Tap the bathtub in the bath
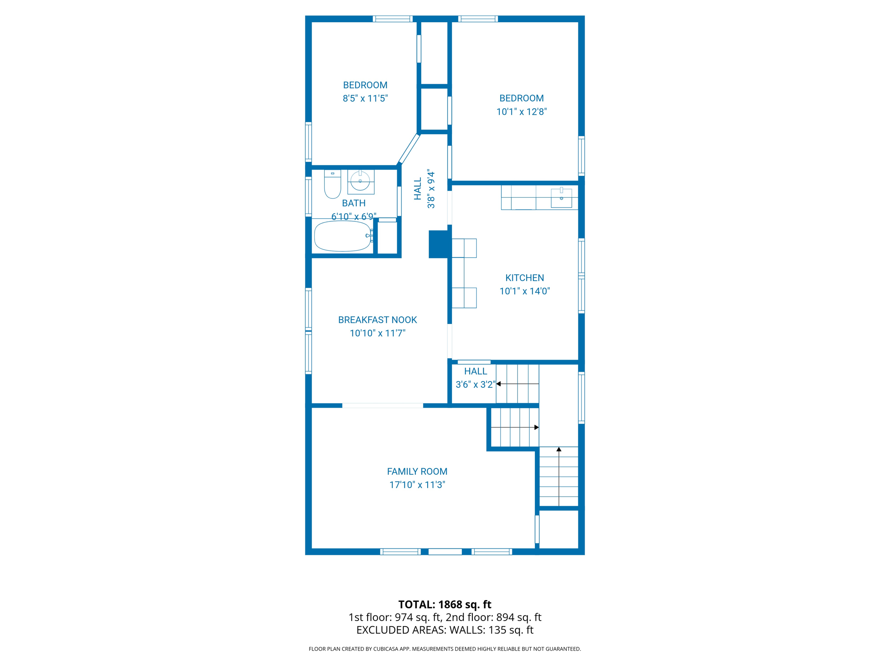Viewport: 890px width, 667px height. [342, 237]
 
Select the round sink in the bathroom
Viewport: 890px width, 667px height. [360, 181]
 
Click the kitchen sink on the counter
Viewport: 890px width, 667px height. [561, 198]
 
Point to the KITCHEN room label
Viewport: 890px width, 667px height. [525, 278]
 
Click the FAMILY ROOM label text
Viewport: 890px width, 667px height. [417, 472]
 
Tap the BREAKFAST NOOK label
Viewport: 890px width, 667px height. [377, 320]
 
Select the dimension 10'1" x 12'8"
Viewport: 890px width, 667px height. [521, 112]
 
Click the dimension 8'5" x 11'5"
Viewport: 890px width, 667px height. [365, 99]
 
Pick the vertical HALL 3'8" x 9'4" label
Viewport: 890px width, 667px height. [424, 189]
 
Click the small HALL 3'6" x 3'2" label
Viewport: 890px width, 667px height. [475, 378]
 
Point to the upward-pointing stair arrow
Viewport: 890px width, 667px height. [559, 450]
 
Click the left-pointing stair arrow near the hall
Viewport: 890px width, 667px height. [499, 384]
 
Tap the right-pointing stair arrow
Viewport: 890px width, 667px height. [536, 427]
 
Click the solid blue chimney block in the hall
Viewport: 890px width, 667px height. [438, 244]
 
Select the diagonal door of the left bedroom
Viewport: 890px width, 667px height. [409, 149]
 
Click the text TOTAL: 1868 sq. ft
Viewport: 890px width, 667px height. [445, 604]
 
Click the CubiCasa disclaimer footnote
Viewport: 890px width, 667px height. [445, 649]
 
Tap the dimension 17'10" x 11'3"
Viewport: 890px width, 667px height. [417, 485]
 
